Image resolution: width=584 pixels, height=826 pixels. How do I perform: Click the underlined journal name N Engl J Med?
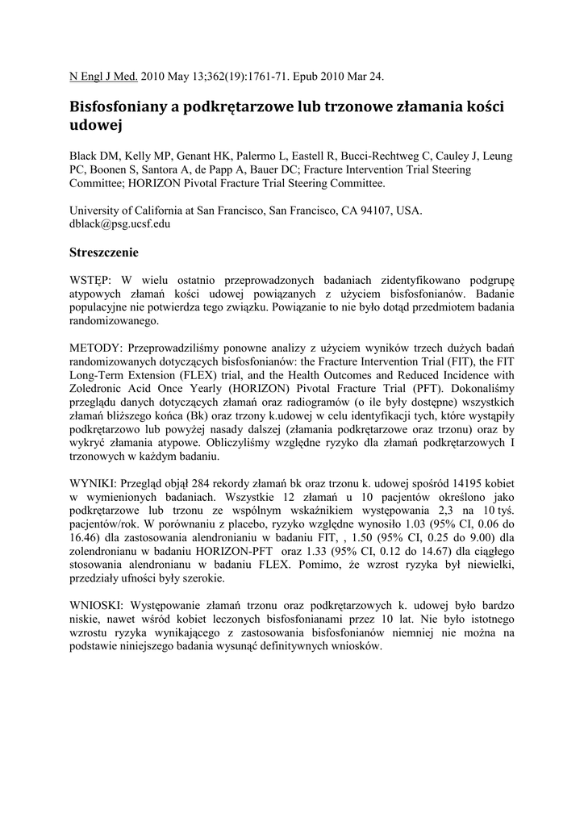click(104, 77)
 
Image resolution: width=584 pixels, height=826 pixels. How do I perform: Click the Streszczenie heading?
click(105, 252)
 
